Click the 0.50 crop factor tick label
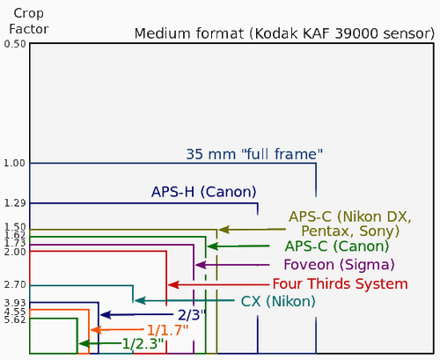[x=14, y=43]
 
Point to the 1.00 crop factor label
[x=14, y=163]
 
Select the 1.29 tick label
[x=14, y=203]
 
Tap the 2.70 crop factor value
[x=14, y=284]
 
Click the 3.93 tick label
[x=14, y=303]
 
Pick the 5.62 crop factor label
[x=14, y=320]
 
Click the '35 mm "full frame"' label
[x=253, y=153]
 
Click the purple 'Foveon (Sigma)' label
[x=339, y=264]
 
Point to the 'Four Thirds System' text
[x=340, y=283]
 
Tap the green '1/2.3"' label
[x=143, y=343]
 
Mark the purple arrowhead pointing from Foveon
[x=200, y=264]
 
